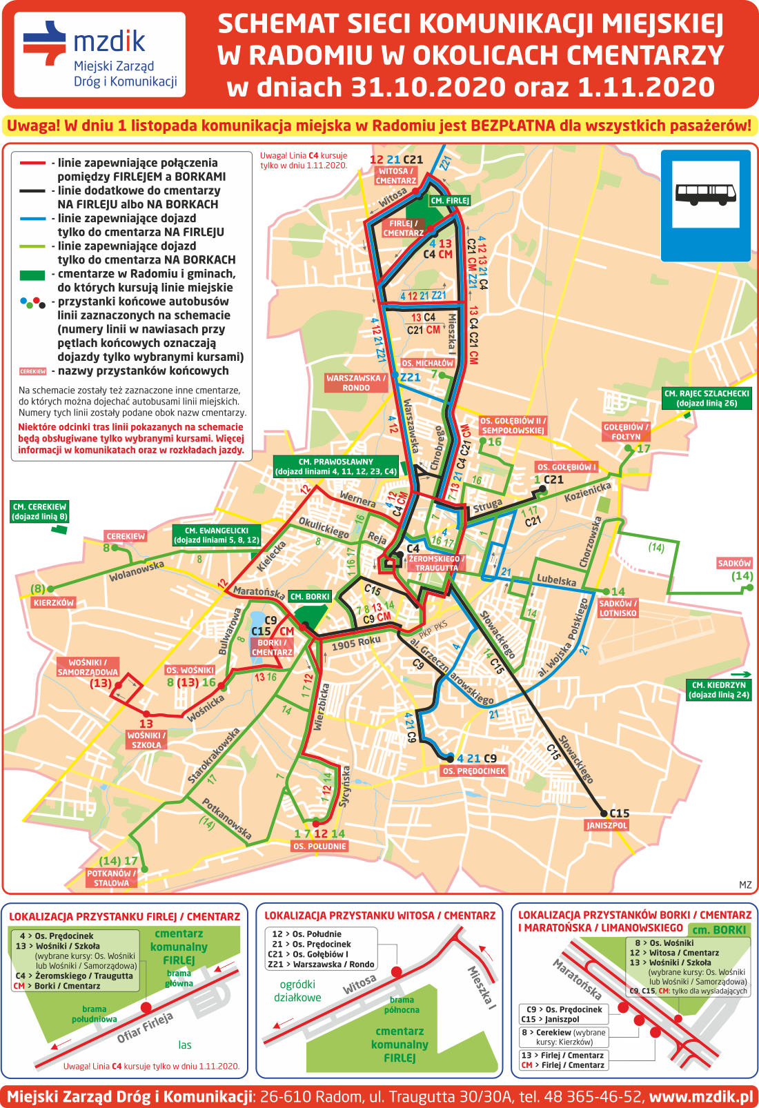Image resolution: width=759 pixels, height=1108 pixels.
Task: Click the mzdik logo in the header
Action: pos(99,55)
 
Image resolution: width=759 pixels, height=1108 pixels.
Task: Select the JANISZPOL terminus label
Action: pos(607,825)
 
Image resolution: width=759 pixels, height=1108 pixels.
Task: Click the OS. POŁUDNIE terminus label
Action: pos(319,846)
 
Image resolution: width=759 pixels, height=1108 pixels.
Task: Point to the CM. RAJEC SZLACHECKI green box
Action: pos(707,398)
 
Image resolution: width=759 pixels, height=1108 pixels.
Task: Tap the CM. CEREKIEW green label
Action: pos(39,511)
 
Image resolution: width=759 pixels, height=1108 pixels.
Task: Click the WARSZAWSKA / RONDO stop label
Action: pos(356,383)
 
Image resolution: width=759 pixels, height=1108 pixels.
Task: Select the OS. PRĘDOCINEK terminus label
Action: pos(474,771)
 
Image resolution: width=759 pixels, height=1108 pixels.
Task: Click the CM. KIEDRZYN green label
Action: pos(718,690)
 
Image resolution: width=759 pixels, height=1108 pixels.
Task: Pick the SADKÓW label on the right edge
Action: pos(734,563)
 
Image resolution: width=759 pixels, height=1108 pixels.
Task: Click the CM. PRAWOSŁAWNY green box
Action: pos(335,467)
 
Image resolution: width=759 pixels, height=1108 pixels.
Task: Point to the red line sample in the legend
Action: pos(32,163)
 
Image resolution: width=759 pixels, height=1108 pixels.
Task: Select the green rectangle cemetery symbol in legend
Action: pos(32,275)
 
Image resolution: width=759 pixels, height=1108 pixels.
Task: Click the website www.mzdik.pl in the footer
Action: pos(700,1096)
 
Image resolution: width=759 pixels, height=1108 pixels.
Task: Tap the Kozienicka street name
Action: pos(588,492)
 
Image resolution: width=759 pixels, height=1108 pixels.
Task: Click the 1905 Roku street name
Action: pos(356,643)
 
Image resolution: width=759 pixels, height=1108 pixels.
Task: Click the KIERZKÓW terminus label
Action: pos(53,602)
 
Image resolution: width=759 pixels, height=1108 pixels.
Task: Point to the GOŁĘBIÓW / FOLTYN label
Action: pos(626,432)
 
